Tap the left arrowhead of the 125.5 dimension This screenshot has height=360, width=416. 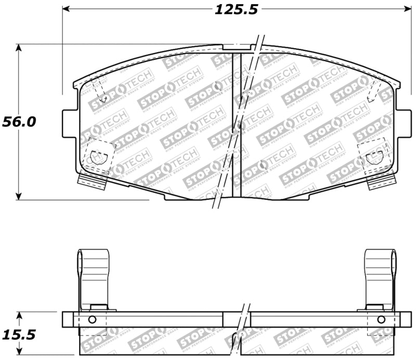pos(66,9)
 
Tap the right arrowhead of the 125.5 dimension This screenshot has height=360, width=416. pos(407,9)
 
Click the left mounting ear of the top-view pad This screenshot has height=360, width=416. pos(68,124)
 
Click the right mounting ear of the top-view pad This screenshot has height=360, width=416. pos(403,124)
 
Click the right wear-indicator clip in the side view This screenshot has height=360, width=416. pos(380,278)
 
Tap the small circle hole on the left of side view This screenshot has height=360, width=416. pos(92,319)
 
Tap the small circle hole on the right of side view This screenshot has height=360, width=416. pos(381,319)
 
